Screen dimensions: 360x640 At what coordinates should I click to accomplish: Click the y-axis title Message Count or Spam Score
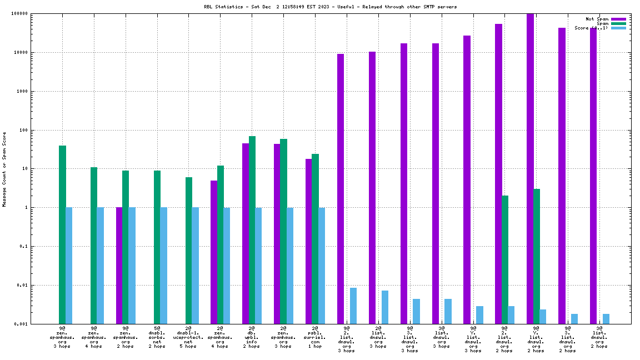pyautogui.click(x=4, y=169)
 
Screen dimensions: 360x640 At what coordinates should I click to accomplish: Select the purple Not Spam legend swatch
pyautogui.click(x=618, y=19)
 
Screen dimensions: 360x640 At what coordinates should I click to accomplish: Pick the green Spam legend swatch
pyautogui.click(x=618, y=23)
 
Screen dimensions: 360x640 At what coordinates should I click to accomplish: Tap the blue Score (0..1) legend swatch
pyautogui.click(x=618, y=28)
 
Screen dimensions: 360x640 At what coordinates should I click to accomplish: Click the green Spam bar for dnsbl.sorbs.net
pyautogui.click(x=157, y=247)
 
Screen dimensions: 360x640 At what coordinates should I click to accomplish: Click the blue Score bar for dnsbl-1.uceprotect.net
pyautogui.click(x=195, y=266)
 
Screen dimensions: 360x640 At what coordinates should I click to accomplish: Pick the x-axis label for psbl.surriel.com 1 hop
pyautogui.click(x=315, y=337)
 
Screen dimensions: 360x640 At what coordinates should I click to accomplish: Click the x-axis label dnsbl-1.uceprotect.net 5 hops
pyautogui.click(x=188, y=337)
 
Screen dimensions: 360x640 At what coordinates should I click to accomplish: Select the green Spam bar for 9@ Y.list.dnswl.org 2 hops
pyautogui.click(x=537, y=256)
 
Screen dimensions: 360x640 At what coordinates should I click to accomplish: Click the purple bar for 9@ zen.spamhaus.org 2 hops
pyautogui.click(x=119, y=266)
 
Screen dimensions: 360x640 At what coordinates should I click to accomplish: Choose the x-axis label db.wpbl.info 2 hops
pyautogui.click(x=252, y=337)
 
